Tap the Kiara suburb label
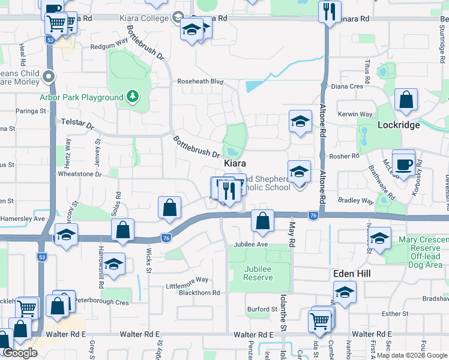(236, 163)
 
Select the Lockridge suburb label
(397, 125)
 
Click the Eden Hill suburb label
(352, 274)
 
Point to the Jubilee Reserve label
(258, 274)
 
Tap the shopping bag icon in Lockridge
(406, 100)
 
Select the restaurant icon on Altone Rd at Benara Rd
(329, 11)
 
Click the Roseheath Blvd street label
(200, 82)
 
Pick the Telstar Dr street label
(78, 124)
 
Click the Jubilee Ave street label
(250, 245)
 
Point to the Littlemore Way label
(188, 280)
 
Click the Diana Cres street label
(348, 86)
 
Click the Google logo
(20, 353)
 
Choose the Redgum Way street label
(109, 46)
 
